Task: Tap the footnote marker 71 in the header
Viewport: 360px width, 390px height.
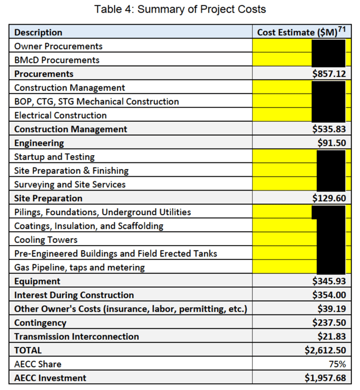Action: (341, 29)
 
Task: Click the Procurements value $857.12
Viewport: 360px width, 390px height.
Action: (329, 74)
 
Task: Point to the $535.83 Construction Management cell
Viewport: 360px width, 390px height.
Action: (329, 129)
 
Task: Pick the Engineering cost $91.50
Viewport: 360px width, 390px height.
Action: (332, 143)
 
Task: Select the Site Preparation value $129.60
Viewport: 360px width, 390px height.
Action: (329, 198)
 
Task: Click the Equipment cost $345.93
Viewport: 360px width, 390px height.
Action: (329, 282)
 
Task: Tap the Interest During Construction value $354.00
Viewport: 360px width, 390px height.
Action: (329, 295)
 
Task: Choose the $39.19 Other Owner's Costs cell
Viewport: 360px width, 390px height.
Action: (332, 309)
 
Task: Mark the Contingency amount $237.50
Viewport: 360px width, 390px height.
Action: (329, 323)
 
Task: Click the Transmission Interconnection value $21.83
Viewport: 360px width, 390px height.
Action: (332, 337)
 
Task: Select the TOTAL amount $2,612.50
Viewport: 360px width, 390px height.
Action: (325, 351)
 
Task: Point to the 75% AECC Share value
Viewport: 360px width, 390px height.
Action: (337, 365)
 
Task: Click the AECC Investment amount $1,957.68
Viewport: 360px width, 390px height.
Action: (325, 379)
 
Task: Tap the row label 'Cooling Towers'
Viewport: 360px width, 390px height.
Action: (46, 240)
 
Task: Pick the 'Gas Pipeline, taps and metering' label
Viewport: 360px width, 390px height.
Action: (79, 268)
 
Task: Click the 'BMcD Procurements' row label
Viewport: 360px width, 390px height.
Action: (57, 60)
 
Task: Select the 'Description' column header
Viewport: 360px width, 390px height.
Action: (38, 32)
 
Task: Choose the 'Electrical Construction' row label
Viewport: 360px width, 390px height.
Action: (60, 116)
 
